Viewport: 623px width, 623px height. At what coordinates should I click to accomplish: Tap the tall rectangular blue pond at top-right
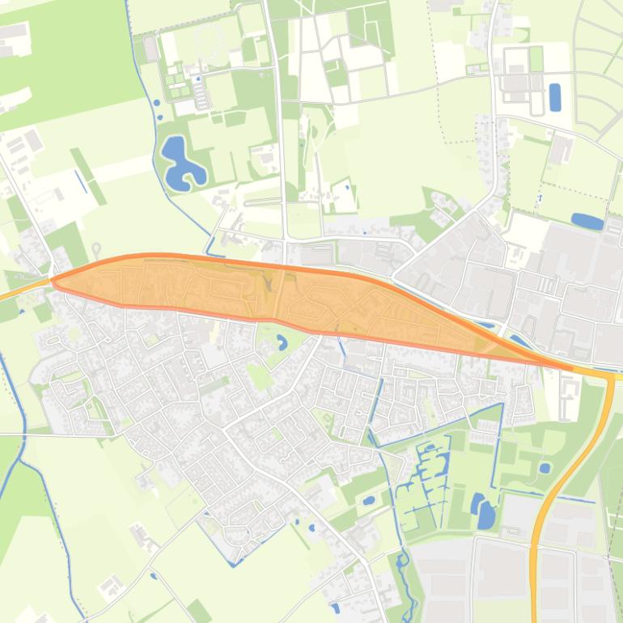click(x=555, y=97)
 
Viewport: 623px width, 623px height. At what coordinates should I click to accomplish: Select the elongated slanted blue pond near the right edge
click(x=587, y=220)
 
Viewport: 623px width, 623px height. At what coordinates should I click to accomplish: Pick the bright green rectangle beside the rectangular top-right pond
click(x=536, y=58)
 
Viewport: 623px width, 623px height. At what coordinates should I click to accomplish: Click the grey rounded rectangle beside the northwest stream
click(x=150, y=49)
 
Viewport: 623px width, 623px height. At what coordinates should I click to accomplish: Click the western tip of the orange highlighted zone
click(x=53, y=281)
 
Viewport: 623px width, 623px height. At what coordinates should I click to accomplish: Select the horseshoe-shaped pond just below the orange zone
click(x=282, y=342)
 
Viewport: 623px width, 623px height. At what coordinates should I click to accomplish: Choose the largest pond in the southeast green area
click(x=485, y=515)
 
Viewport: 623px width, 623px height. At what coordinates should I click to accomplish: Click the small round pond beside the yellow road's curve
click(x=545, y=468)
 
